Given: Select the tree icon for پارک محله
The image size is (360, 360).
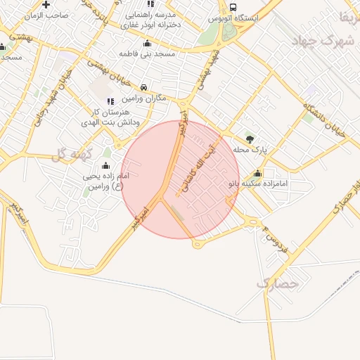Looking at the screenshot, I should [x=250, y=137].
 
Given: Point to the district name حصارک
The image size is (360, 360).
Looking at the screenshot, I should [x=278, y=283].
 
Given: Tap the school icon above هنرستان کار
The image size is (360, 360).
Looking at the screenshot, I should [x=109, y=102].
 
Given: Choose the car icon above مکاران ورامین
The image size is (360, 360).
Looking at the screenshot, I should [x=144, y=88].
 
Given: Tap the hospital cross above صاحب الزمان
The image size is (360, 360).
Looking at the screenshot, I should [x=46, y=4].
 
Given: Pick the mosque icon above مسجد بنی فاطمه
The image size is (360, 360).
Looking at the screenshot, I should [x=146, y=43].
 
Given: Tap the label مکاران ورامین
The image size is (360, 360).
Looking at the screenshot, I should [x=144, y=98].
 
